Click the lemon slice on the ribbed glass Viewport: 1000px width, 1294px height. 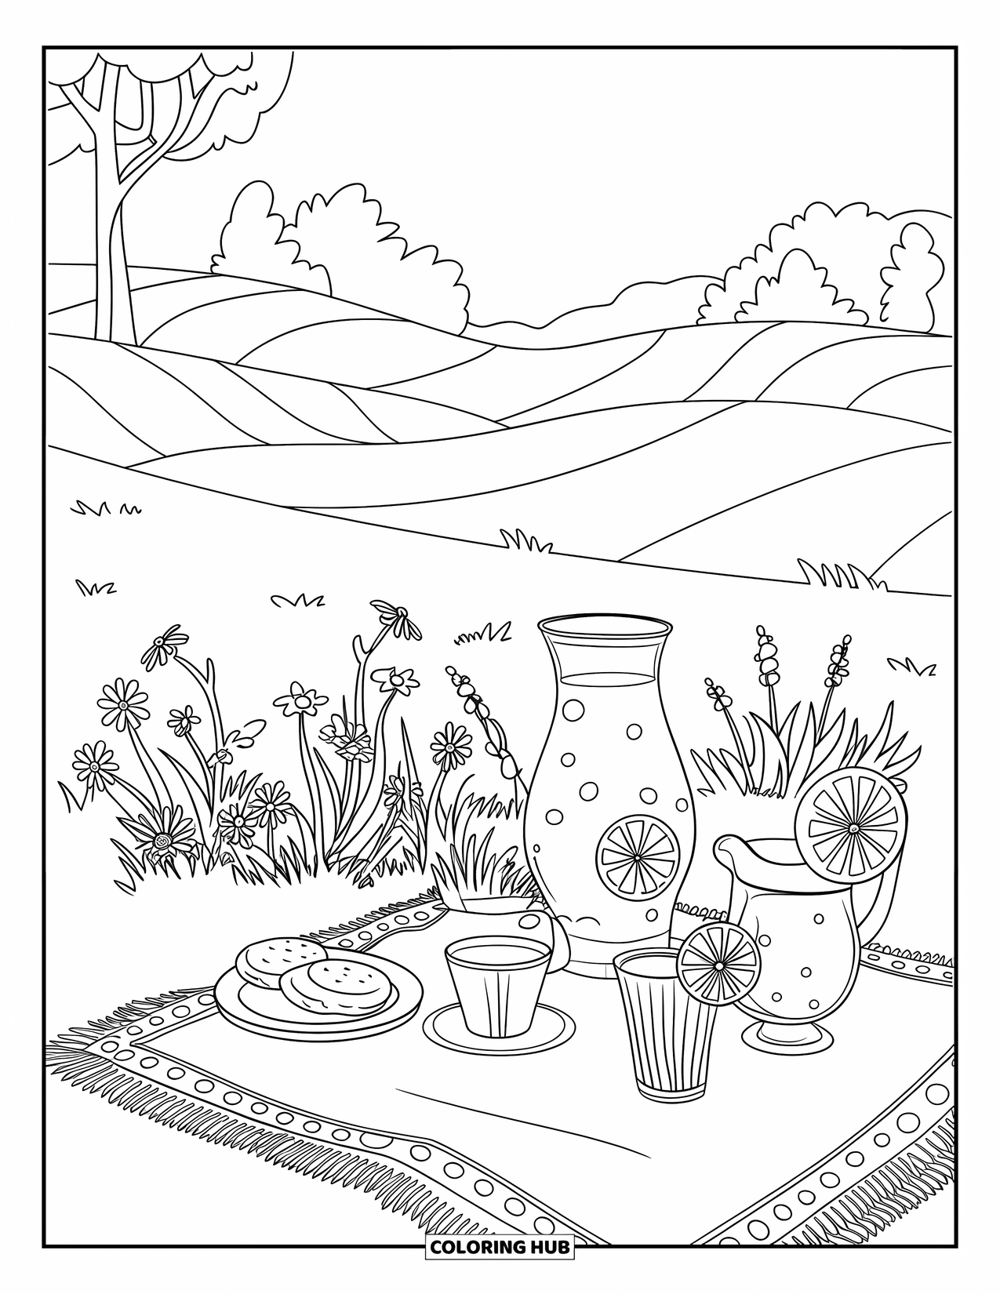tap(718, 965)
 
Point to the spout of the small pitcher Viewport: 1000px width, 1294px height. tap(726, 848)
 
